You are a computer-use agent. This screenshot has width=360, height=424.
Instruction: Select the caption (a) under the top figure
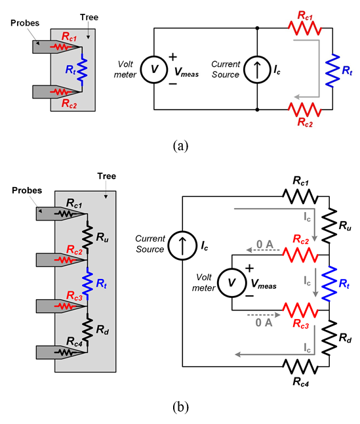click(x=180, y=146)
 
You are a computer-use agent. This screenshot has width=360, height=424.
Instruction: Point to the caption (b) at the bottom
click(x=180, y=407)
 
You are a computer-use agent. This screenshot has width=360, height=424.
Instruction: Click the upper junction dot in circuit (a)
click(x=257, y=28)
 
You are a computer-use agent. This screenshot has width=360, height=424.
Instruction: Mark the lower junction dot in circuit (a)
click(x=257, y=110)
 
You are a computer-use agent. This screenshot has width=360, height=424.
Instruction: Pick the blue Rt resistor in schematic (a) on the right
click(x=332, y=70)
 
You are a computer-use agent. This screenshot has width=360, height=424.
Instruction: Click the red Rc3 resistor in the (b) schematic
click(x=300, y=310)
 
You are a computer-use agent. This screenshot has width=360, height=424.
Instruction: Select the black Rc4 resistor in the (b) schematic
click(x=300, y=366)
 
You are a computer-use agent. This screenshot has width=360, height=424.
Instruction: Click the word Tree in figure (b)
click(x=107, y=176)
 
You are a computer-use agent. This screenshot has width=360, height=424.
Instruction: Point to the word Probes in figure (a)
click(x=25, y=23)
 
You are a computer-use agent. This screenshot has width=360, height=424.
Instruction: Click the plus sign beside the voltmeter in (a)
click(x=173, y=57)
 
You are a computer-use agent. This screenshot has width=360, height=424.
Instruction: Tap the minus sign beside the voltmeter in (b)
click(x=249, y=297)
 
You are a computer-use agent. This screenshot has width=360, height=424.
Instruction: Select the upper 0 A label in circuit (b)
click(x=265, y=244)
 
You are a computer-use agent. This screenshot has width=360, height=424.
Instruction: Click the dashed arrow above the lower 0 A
click(x=264, y=315)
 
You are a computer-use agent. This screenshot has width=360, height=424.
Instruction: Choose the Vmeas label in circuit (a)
click(x=186, y=72)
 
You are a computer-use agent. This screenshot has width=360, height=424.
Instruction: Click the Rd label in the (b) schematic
click(x=345, y=338)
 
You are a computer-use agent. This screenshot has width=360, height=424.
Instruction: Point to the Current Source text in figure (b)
click(x=150, y=244)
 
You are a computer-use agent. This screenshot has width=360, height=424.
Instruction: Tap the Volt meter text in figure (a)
click(x=125, y=69)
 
